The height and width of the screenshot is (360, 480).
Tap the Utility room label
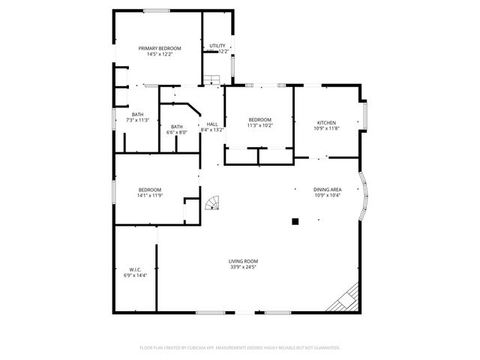(x=217, y=46)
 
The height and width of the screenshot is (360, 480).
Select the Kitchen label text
(x=326, y=123)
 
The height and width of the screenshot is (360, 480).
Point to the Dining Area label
(x=327, y=190)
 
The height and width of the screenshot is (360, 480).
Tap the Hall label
(x=212, y=124)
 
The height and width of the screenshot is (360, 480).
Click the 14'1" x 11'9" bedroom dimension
(x=149, y=196)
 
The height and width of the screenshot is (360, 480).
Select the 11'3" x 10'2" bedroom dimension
(x=259, y=126)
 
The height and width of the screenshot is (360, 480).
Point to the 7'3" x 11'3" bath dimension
(x=137, y=120)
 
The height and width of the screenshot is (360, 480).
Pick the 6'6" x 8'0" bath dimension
(x=177, y=133)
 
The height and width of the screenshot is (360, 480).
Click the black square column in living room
(x=295, y=221)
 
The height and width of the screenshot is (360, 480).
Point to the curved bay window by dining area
(x=365, y=196)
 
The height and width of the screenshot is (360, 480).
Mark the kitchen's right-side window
(x=365, y=116)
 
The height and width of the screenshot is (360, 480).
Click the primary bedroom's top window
(x=156, y=10)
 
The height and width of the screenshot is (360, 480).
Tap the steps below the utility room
(x=213, y=79)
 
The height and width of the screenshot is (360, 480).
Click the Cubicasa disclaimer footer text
(x=240, y=348)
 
